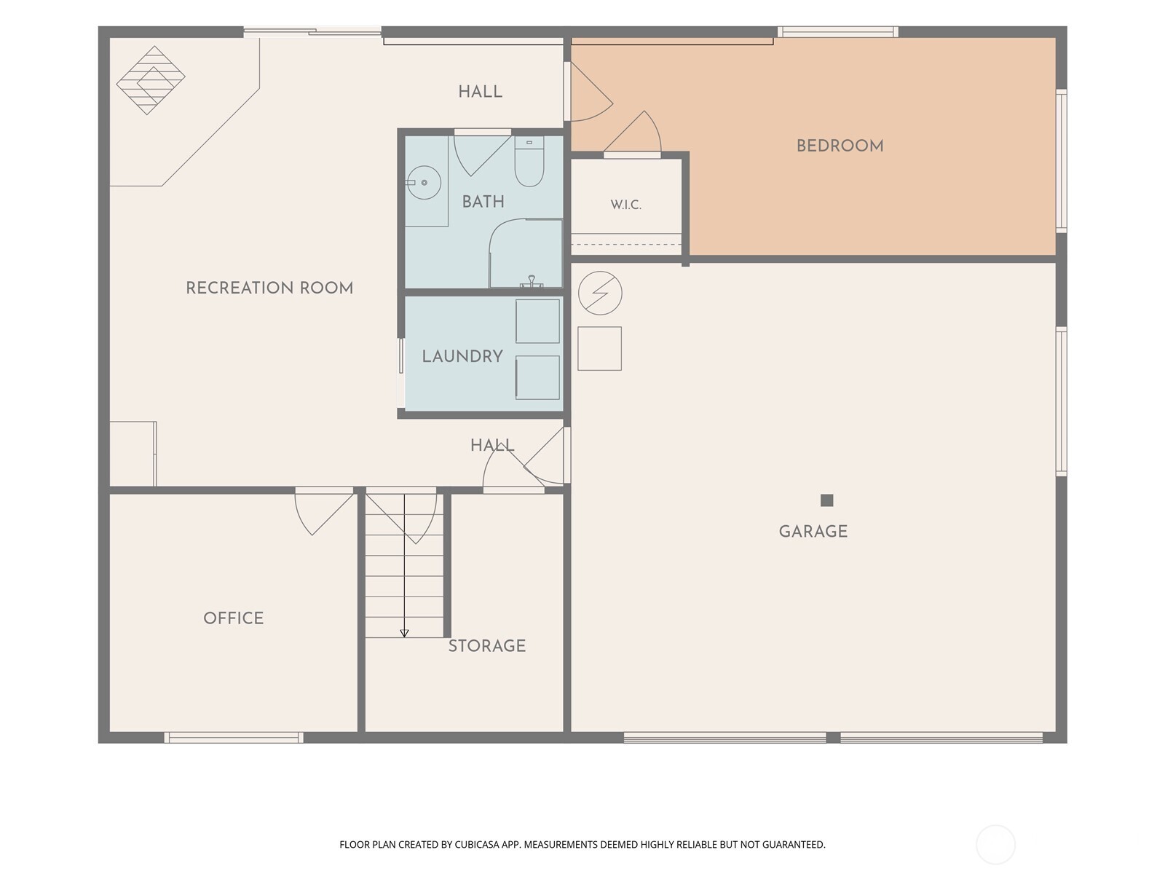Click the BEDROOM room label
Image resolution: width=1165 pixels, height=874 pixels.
click(x=840, y=146)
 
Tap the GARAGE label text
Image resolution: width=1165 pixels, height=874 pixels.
click(x=813, y=531)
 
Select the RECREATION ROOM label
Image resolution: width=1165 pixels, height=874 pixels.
click(x=269, y=288)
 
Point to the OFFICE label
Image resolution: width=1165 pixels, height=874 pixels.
click(x=234, y=618)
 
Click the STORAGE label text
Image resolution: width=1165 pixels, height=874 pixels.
click(x=486, y=645)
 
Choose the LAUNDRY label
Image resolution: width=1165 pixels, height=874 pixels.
click(x=462, y=356)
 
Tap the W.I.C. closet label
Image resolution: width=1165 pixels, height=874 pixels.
click(x=625, y=205)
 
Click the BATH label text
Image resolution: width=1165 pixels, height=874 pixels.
click(x=483, y=202)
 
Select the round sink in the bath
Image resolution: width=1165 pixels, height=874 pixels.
click(x=424, y=183)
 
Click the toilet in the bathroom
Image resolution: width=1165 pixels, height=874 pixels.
click(x=529, y=161)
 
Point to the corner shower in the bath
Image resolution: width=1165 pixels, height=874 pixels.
click(x=526, y=253)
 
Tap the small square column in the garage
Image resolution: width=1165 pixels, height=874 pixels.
click(x=826, y=500)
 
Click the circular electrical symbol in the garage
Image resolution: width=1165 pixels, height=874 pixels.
click(x=600, y=293)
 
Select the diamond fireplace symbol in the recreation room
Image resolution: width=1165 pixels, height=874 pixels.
click(x=151, y=80)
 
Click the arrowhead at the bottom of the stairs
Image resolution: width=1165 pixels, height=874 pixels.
click(x=404, y=633)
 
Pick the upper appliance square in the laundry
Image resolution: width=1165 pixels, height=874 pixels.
click(x=537, y=321)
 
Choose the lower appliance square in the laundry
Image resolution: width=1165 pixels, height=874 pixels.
click(x=537, y=377)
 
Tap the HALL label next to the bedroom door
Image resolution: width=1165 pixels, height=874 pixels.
click(x=481, y=92)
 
